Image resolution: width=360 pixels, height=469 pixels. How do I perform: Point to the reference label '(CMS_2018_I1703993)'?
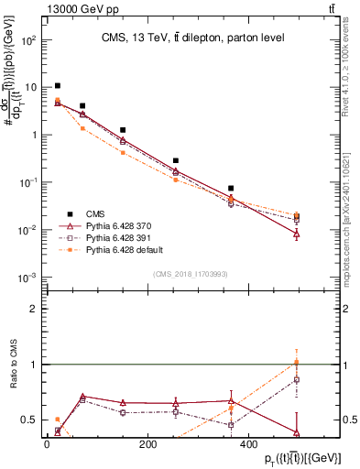[191, 273]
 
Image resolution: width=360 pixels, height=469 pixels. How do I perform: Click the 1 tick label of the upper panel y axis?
[32, 135]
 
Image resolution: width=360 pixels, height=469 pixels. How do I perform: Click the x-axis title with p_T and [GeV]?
[291, 457]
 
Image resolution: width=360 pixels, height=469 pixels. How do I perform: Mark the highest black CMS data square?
[58, 86]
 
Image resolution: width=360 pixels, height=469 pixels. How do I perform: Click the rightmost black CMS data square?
[297, 217]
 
